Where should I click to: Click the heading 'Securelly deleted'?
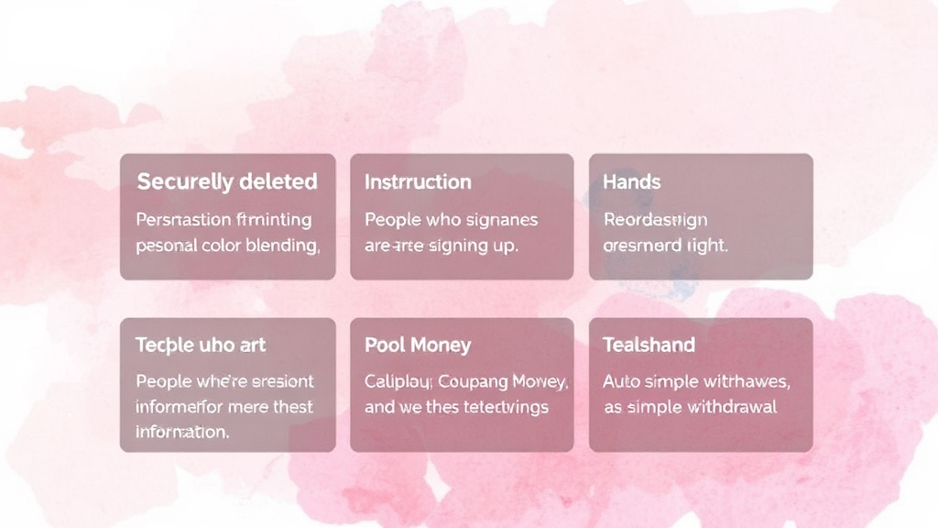[227, 181]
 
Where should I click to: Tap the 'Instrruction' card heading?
[418, 181]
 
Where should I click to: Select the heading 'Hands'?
[631, 181]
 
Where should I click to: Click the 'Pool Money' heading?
[418, 345]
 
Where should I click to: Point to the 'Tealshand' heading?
[649, 345]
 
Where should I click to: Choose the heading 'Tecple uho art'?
[201, 345]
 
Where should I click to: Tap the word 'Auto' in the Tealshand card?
[621, 381]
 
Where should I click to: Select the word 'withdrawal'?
[725, 407]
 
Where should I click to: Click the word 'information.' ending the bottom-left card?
[182, 431]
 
